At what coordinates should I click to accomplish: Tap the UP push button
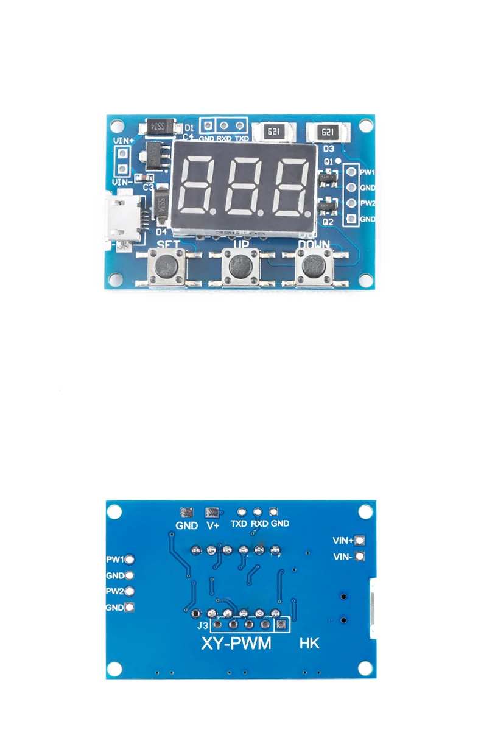(241, 266)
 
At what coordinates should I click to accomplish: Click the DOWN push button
(314, 265)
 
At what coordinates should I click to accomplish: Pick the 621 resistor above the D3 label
(327, 132)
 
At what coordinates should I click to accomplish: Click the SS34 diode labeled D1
(160, 127)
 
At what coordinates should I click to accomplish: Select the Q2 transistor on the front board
(327, 208)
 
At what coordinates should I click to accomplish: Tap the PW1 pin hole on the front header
(351, 172)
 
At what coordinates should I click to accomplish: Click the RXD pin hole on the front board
(224, 125)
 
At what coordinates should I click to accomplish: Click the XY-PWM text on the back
(236, 643)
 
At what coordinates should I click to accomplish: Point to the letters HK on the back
(309, 643)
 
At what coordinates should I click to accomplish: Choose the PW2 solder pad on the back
(129, 591)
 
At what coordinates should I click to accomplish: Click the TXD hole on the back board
(242, 513)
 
